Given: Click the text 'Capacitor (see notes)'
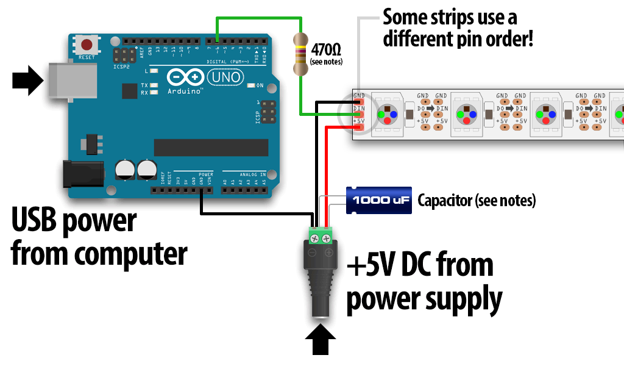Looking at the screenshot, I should pyautogui.click(x=476, y=200).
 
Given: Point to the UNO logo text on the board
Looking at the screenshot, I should pyautogui.click(x=225, y=77).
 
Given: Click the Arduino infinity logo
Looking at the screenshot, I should pyautogui.click(x=185, y=77).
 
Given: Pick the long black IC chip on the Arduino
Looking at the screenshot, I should pyautogui.click(x=211, y=147).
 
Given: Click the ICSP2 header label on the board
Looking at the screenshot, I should pyautogui.click(x=122, y=66).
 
